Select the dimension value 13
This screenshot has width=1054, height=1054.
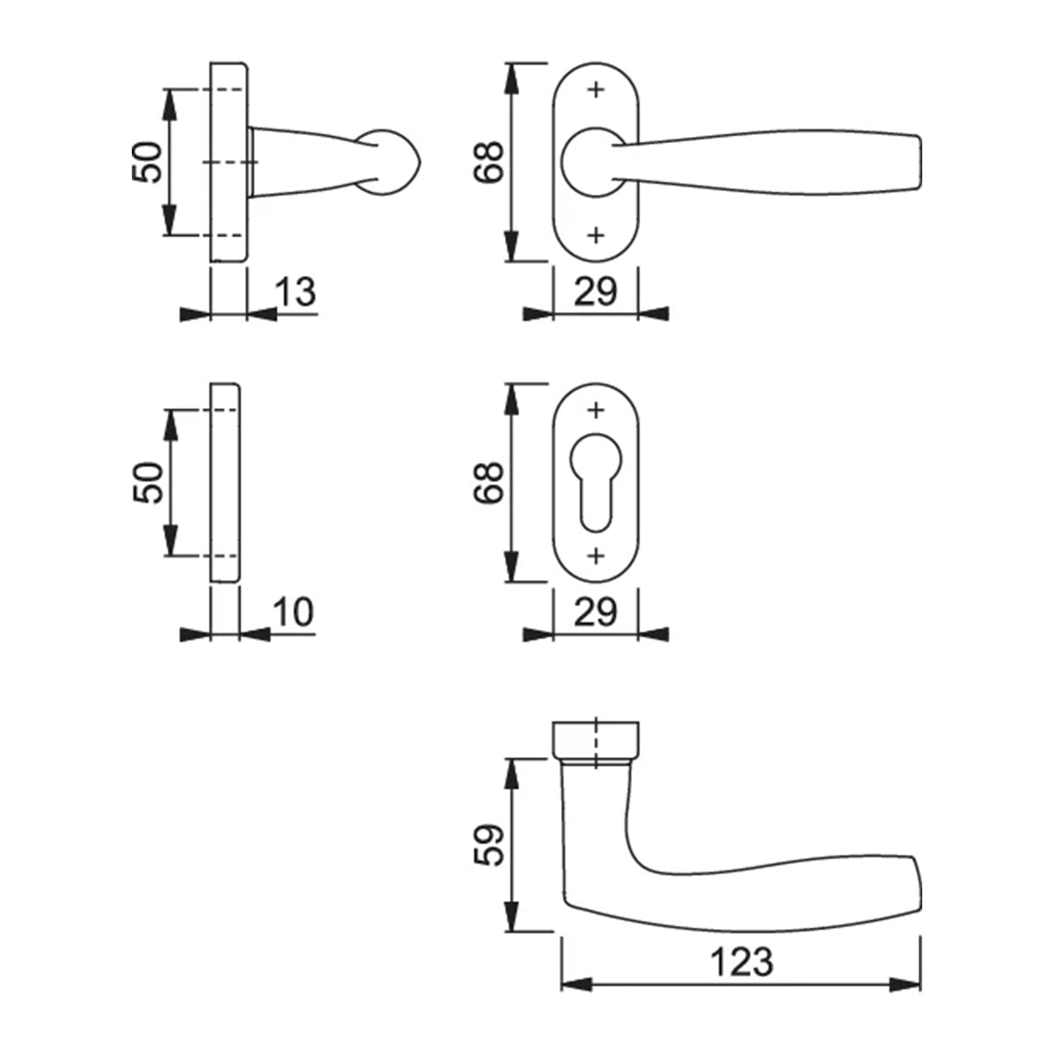296,292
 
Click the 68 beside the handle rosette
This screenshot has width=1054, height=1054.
489,162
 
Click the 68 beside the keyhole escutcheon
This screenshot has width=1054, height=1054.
489,482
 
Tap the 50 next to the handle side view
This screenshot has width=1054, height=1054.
148,162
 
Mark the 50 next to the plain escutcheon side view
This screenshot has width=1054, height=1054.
148,482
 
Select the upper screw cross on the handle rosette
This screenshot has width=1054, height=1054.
596,90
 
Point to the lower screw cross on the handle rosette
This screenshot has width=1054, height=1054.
596,235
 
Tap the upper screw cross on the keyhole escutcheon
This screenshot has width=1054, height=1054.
596,410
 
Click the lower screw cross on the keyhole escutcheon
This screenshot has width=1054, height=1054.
596,555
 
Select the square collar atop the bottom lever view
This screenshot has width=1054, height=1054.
596,740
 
